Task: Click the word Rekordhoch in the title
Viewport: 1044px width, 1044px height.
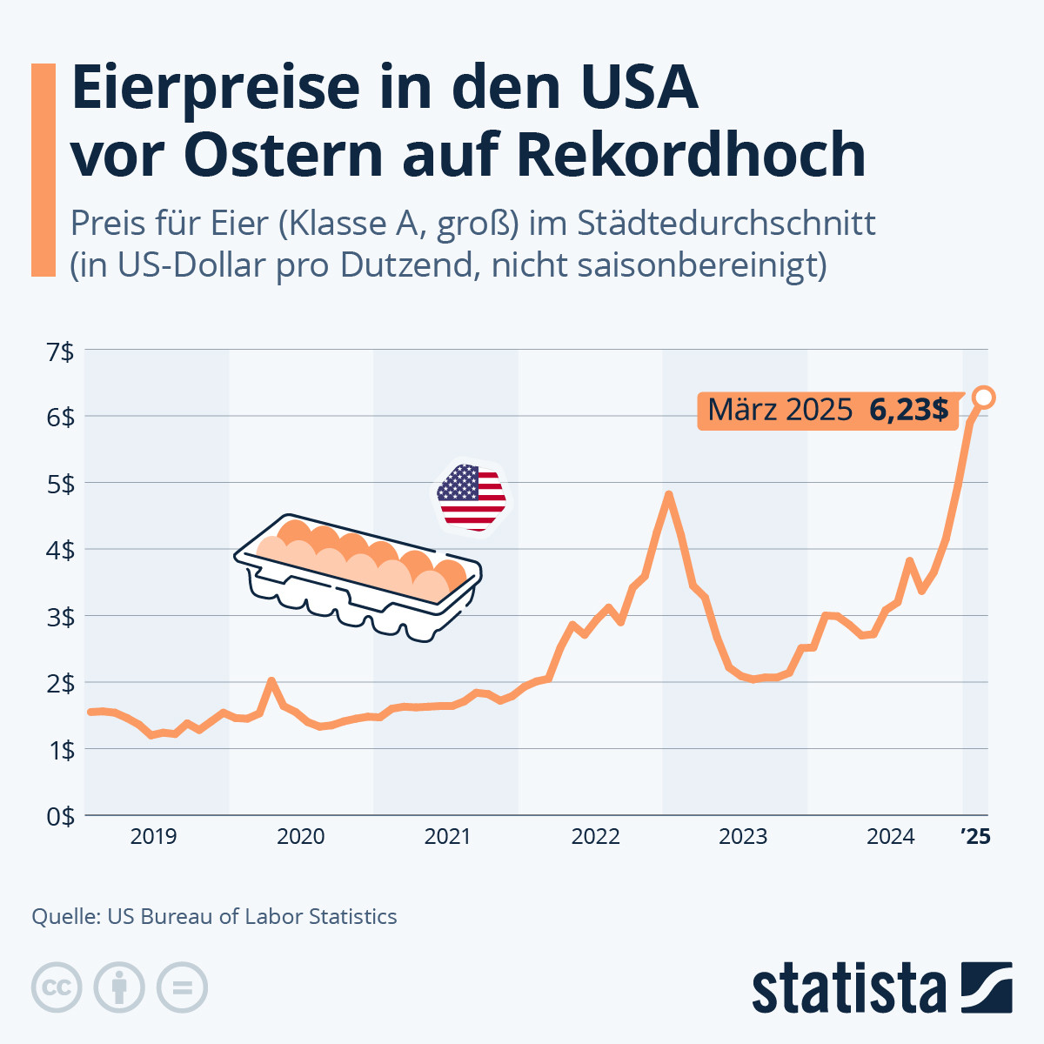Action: tap(691, 155)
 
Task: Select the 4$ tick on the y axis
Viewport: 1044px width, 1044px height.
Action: tap(61, 550)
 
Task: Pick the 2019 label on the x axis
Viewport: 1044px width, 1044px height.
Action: tap(153, 837)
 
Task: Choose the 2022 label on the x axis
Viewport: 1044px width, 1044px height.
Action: tap(596, 837)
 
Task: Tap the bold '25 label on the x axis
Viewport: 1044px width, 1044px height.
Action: tap(975, 837)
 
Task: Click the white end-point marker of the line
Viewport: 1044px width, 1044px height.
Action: tap(984, 398)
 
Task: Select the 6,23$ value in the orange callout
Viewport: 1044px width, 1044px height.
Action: tap(908, 410)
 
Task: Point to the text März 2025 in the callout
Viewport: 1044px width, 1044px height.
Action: tap(780, 410)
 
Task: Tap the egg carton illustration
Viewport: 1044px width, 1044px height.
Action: tap(358, 575)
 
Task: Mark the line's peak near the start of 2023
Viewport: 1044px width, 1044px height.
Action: tap(668, 495)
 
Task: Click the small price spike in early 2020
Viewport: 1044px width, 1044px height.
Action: tap(271, 681)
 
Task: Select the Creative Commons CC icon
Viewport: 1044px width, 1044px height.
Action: tap(57, 987)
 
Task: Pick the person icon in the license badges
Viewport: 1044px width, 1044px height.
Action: tap(119, 987)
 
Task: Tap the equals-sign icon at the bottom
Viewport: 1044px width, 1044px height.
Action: tap(182, 987)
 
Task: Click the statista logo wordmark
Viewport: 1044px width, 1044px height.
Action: tap(848, 988)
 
